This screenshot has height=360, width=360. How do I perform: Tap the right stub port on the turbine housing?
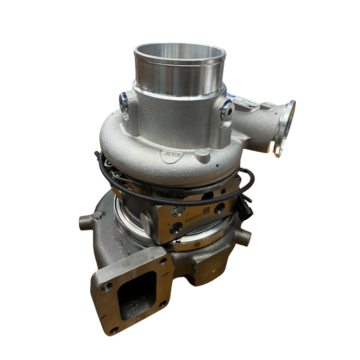coord(245,237)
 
